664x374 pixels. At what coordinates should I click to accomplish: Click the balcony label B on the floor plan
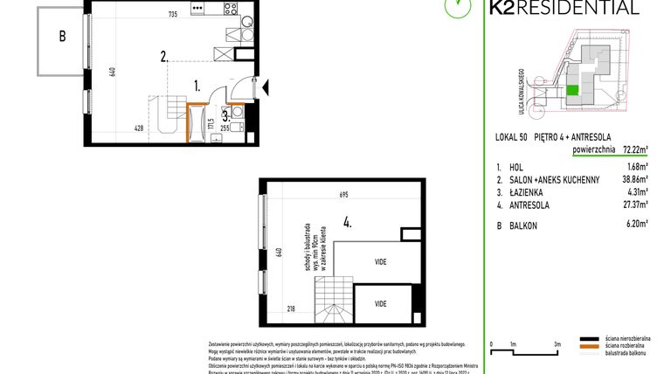[62, 37]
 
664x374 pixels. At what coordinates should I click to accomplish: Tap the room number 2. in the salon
[164, 58]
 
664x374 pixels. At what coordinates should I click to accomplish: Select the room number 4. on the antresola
[348, 222]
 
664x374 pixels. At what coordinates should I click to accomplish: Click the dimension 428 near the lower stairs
[139, 128]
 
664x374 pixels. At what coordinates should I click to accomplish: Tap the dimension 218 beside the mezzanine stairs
[289, 308]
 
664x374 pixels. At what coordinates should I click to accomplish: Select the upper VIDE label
[381, 262]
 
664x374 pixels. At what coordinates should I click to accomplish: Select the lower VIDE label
[381, 303]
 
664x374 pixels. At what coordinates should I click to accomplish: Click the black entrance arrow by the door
[266, 86]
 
